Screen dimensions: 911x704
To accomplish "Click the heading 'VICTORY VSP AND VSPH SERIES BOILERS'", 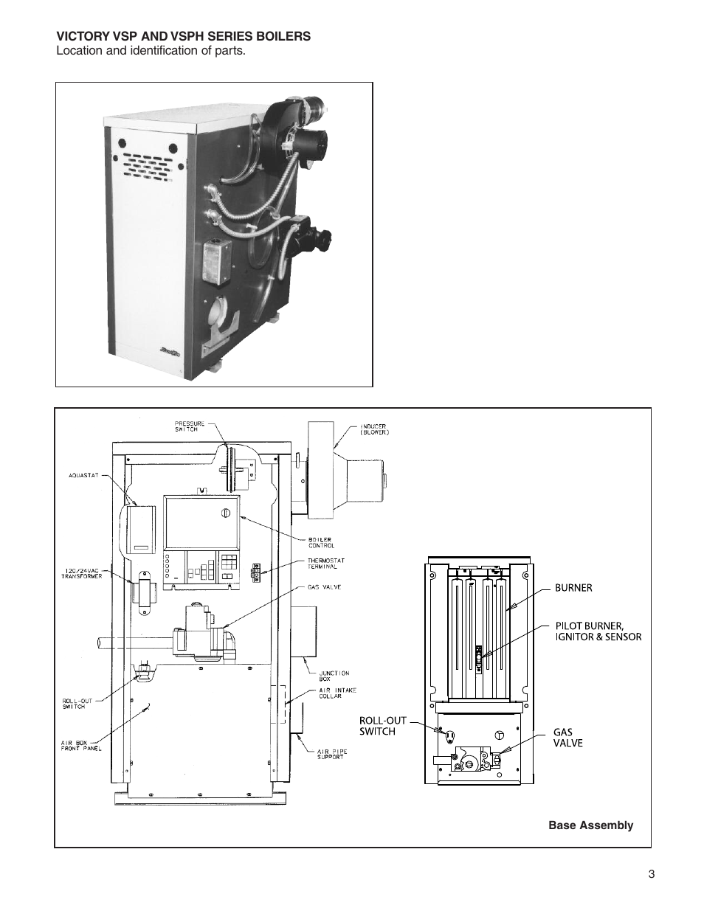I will [x=184, y=36].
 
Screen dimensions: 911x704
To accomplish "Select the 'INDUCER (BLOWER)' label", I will [x=374, y=429].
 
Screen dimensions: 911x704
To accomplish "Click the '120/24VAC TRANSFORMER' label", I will [x=81, y=574].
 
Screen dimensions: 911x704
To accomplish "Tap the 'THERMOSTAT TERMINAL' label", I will [x=325, y=563].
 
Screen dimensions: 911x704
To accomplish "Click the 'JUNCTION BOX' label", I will [x=334, y=676].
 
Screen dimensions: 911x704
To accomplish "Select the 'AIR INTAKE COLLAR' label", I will [x=337, y=693].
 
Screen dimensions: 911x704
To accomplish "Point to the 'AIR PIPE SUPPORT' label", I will [x=333, y=754].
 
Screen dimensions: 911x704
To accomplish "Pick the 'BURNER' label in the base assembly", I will [x=573, y=588].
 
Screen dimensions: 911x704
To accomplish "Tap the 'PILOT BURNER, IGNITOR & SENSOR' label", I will [x=598, y=631].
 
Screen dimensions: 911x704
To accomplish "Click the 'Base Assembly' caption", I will [x=590, y=825].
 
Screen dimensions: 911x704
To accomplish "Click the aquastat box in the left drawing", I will [x=140, y=529].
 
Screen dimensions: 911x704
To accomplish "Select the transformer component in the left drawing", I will [x=144, y=592].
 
